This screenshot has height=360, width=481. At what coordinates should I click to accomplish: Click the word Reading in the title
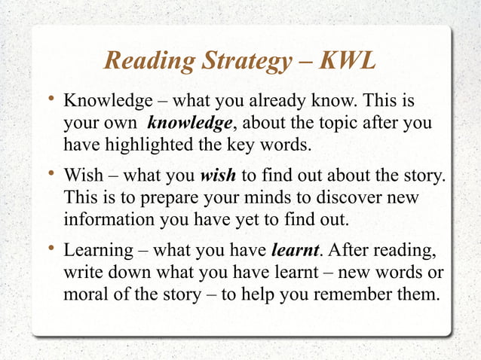coord(148,61)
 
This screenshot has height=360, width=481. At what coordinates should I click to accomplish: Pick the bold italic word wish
coord(218,176)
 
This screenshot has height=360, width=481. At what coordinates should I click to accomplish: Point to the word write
coord(84,271)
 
